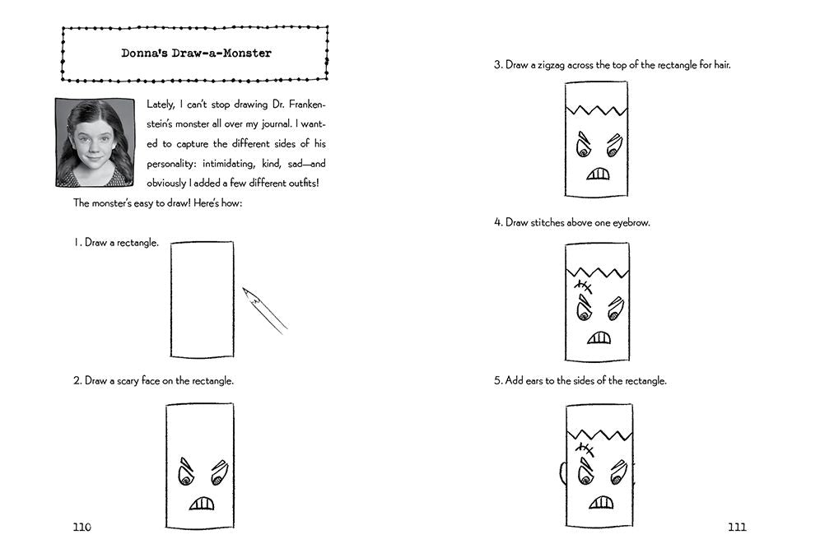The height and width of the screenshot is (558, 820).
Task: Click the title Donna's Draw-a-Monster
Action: click(196, 53)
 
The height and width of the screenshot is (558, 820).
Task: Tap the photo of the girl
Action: click(96, 142)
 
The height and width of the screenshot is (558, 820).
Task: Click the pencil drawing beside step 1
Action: click(264, 310)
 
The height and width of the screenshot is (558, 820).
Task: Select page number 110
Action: click(82, 527)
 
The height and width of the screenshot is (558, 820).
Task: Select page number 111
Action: click(737, 527)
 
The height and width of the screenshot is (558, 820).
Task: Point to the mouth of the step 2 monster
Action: click(202, 503)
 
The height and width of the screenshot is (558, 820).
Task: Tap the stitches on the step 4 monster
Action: click(583, 286)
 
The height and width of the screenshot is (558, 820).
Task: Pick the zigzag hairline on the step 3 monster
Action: click(596, 110)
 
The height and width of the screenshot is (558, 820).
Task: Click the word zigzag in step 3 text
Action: click(551, 65)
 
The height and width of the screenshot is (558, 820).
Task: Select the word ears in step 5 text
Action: click(534, 381)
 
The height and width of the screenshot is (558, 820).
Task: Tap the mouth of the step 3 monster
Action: click(598, 174)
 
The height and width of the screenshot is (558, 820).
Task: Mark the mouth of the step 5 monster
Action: click(601, 503)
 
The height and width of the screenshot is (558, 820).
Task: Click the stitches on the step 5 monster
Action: click(585, 449)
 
